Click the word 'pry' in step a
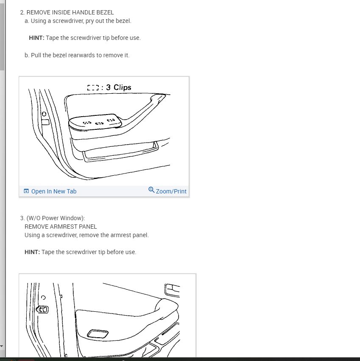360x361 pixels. tap(91, 21)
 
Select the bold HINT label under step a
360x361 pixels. tap(36, 38)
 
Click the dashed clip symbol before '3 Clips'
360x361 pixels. tap(93, 88)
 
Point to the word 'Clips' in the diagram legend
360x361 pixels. tap(123, 87)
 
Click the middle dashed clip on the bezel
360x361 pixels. tap(100, 123)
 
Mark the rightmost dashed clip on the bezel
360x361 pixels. tap(111, 121)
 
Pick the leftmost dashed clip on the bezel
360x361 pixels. tap(87, 123)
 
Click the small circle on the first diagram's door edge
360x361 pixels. tap(43, 114)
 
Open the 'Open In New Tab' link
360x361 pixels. tap(53, 191)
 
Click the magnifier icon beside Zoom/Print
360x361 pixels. tap(151, 190)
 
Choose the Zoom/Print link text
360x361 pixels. tap(171, 191)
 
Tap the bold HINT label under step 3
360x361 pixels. tap(32, 252)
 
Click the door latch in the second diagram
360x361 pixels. tap(43, 310)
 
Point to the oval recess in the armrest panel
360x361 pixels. tap(97, 334)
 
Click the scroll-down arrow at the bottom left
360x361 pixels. tap(2, 346)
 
